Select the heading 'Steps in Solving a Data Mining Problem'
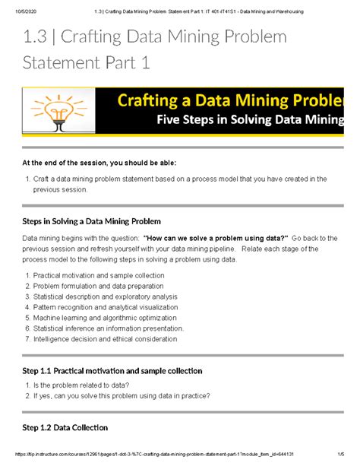[96, 221]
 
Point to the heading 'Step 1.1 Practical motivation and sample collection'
[112, 370]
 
